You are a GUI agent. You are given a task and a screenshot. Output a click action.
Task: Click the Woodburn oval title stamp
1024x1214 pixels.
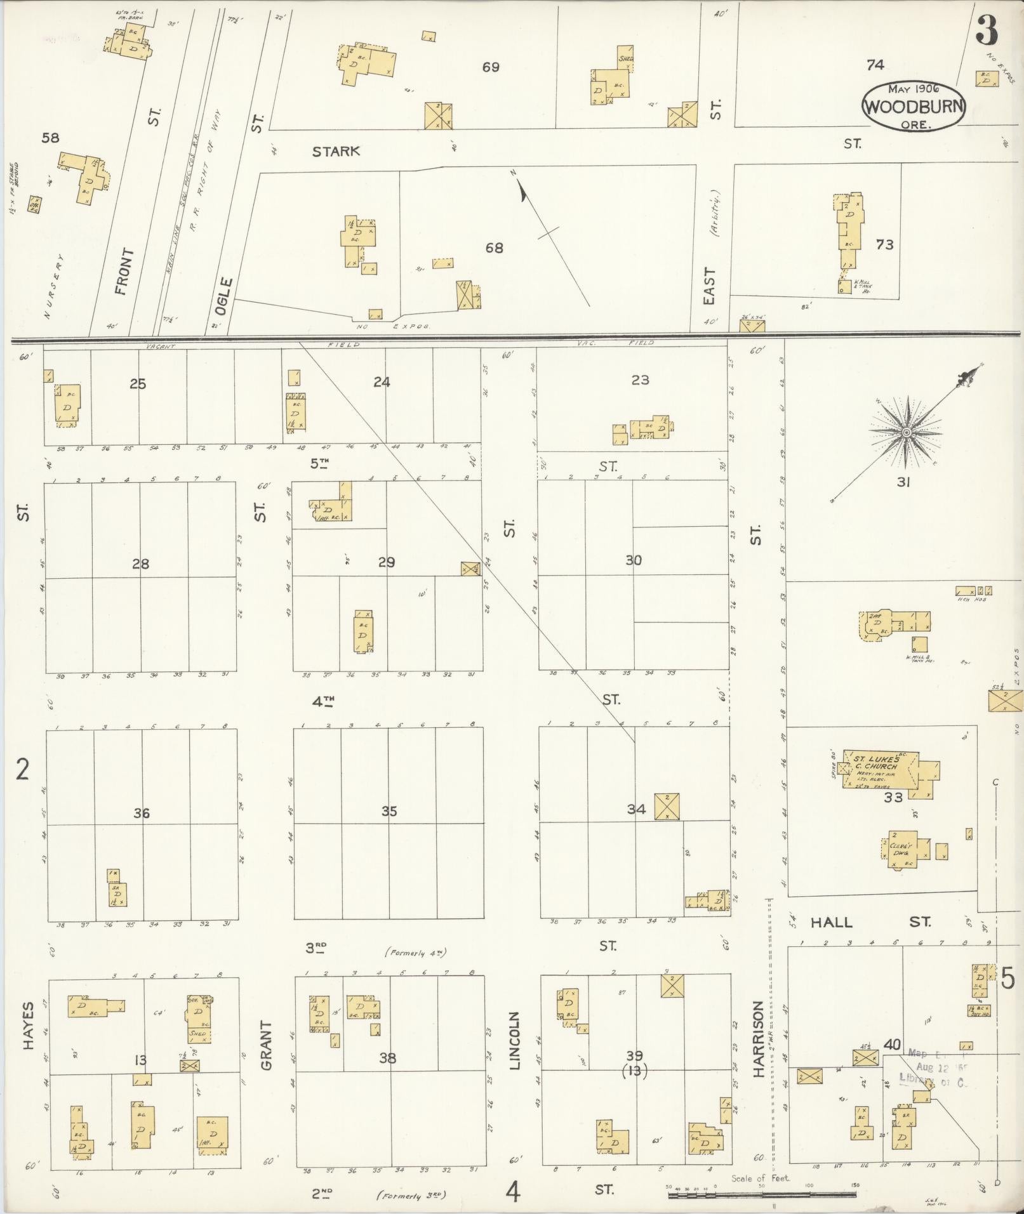point(914,106)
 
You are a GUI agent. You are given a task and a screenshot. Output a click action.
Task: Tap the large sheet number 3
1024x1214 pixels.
point(987,30)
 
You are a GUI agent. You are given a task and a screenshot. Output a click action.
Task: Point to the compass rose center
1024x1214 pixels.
point(907,432)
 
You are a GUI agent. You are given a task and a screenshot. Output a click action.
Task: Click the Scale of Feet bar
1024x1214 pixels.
point(762,1195)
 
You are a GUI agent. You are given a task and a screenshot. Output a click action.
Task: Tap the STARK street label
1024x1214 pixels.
point(336,151)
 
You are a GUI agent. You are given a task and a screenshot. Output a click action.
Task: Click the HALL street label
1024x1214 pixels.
point(831,922)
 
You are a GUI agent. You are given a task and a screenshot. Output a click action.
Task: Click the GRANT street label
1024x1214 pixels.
point(265,1045)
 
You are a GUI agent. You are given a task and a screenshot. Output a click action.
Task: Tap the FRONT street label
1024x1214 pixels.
point(124,272)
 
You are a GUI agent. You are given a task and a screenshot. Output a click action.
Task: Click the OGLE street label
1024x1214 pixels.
point(224,296)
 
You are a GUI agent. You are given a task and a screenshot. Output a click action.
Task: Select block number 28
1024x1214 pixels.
point(140,564)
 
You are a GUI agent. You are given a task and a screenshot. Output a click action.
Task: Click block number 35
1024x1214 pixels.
point(389,811)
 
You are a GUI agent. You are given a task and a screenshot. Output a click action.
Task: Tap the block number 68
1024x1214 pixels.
point(494,247)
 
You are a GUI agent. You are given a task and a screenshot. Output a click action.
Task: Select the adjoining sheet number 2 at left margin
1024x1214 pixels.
point(23,770)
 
